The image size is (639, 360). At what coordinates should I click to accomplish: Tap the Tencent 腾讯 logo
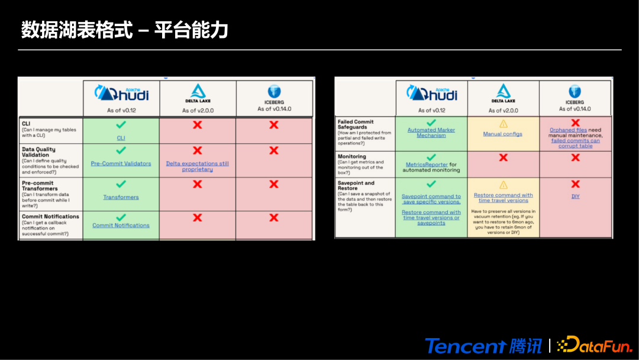click(484, 345)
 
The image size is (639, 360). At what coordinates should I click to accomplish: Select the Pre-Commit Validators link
click(121, 163)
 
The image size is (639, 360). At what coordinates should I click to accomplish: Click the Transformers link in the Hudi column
click(121, 197)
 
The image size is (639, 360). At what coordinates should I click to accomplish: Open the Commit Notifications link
click(121, 226)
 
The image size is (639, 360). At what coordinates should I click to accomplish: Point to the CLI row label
click(27, 124)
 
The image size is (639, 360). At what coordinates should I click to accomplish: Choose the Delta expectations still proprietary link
click(197, 166)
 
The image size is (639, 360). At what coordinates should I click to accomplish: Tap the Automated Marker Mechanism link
click(431, 133)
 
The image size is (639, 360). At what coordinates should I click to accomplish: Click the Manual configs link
click(502, 134)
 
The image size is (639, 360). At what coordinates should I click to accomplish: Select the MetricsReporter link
click(427, 165)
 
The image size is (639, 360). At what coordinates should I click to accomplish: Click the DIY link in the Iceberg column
click(575, 197)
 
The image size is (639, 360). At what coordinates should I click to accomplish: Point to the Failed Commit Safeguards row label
click(356, 124)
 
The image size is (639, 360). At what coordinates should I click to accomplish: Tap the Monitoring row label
click(352, 156)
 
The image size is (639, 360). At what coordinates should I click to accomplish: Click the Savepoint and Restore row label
click(356, 186)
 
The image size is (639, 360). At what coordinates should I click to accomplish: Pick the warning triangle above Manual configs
click(503, 124)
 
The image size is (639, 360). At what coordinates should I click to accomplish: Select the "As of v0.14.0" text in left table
click(274, 109)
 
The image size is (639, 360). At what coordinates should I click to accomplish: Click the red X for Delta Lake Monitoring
click(503, 157)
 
